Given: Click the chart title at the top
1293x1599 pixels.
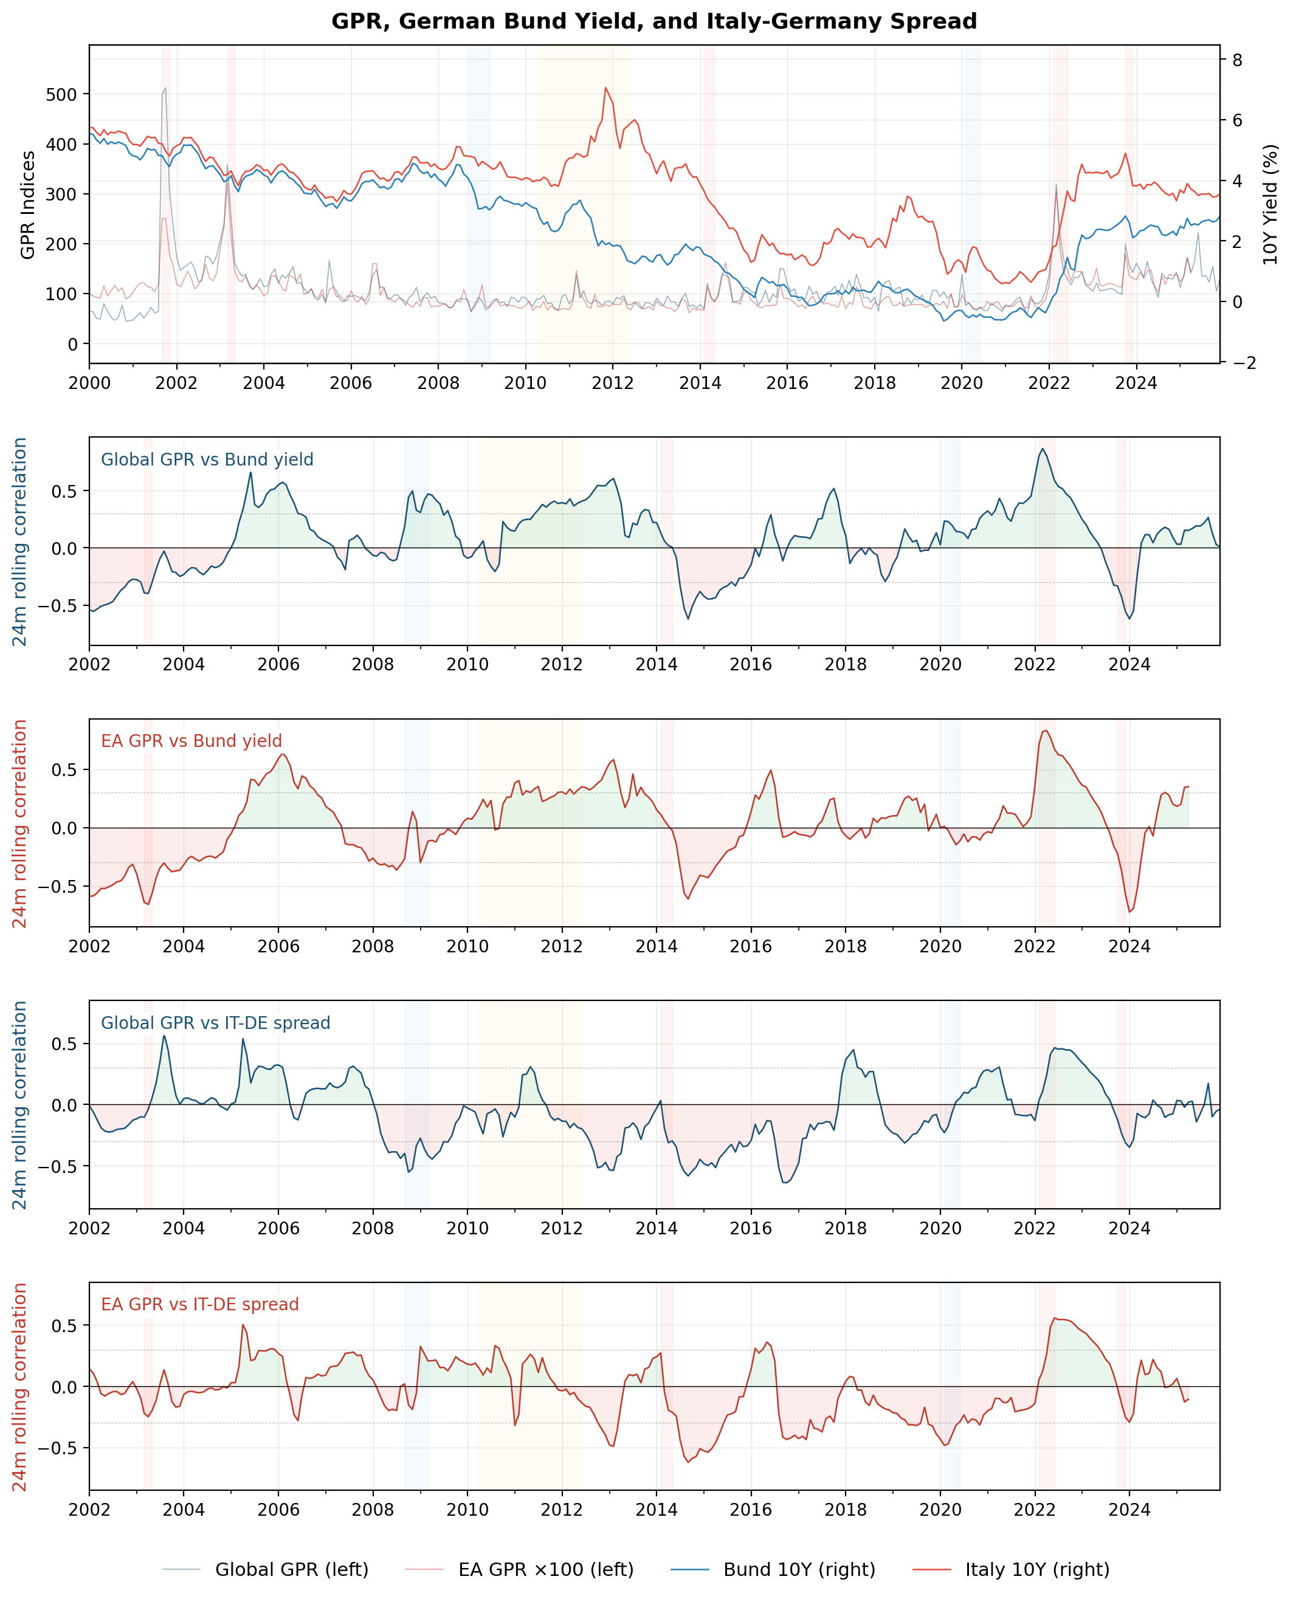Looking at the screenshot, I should [654, 21].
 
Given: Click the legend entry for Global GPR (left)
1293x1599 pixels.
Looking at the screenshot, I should [291, 1569].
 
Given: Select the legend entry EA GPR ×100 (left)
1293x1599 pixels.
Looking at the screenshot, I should [545, 1569].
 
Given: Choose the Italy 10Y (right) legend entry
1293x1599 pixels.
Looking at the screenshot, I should [1037, 1569].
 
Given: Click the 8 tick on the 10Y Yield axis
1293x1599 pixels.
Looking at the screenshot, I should [1237, 60].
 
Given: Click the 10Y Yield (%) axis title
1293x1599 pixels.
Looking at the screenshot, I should [1270, 205].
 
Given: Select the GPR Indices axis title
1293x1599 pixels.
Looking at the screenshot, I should [27, 205].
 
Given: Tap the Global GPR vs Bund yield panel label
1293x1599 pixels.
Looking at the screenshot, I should [207, 459].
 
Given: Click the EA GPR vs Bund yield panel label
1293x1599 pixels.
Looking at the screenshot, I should [191, 741].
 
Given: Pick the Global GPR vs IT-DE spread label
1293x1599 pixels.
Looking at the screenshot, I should [215, 1023].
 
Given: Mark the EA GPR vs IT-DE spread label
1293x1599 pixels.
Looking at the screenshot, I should [199, 1304].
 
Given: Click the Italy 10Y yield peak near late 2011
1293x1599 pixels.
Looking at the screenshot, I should [605, 88].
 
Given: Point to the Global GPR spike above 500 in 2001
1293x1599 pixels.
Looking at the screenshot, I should [165, 88].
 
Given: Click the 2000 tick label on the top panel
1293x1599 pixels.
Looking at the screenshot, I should [89, 383].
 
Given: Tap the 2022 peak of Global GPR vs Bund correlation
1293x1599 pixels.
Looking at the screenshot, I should [1043, 449].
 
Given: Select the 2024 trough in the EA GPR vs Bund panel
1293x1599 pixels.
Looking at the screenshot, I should [1130, 912].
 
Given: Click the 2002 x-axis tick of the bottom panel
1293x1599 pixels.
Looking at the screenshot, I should [89, 1510].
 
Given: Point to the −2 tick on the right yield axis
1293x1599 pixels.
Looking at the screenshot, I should [1240, 363].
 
